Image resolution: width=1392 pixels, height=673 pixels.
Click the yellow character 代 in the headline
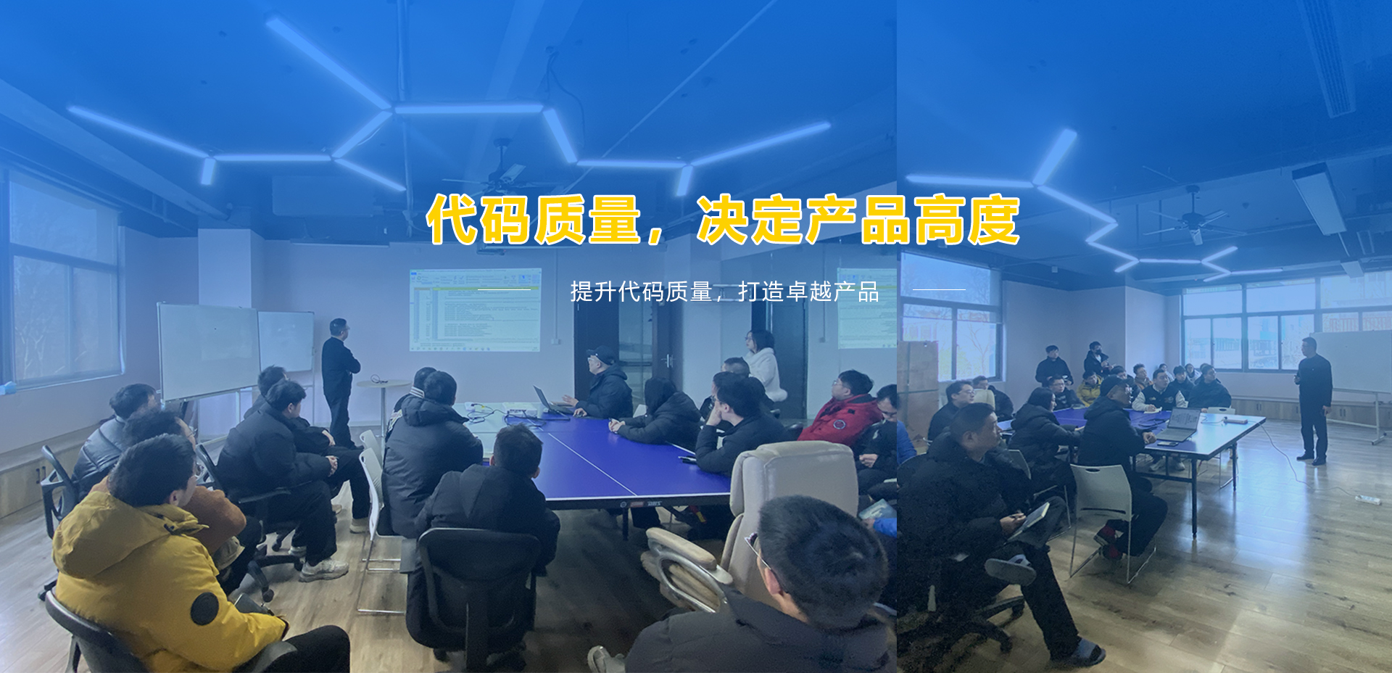pyautogui.click(x=453, y=219)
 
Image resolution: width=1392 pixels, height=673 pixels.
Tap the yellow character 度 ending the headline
pyautogui.click(x=993, y=219)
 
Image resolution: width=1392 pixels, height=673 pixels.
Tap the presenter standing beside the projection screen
pyautogui.click(x=339, y=381)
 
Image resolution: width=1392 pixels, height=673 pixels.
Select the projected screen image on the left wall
pyautogui.click(x=475, y=310)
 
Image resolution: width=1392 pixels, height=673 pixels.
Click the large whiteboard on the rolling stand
pyautogui.click(x=209, y=351)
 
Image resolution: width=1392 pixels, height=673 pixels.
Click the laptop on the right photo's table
pyautogui.click(x=1180, y=425)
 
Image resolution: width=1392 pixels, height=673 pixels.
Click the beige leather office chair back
pyautogui.click(x=790, y=493)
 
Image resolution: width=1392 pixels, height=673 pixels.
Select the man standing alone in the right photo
pyautogui.click(x=1314, y=400)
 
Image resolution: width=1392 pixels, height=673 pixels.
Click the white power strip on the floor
pyautogui.click(x=1366, y=499)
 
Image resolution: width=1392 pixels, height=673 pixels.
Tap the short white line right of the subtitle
pyautogui.click(x=939, y=289)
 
